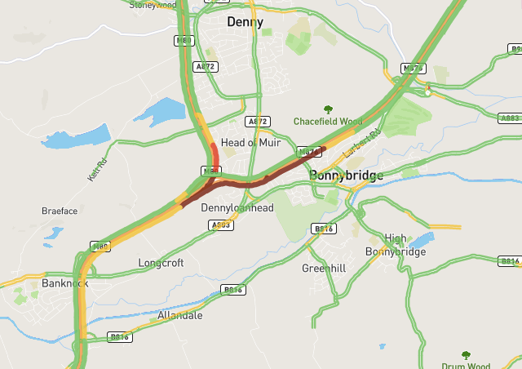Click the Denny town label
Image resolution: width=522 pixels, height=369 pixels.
coord(246,21)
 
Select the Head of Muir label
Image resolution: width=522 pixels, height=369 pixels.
coord(250,142)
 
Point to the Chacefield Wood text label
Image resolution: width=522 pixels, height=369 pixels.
coord(328,122)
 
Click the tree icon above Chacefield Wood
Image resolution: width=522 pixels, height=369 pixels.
coord(328,109)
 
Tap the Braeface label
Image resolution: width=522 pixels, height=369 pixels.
coord(60,211)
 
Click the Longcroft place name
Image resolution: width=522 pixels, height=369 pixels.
coord(161,263)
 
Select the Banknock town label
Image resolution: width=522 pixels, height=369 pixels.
coord(64,283)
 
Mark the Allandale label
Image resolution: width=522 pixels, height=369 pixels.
coord(179,314)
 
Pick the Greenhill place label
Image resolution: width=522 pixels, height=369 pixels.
coord(324,268)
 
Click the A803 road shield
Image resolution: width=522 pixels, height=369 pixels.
coord(221,225)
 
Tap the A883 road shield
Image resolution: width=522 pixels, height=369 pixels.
coord(510,118)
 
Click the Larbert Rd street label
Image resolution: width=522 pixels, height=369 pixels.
coord(362,143)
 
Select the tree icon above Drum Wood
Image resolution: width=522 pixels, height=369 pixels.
coord(466,355)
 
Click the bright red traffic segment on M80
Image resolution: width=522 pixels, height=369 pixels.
coord(215,154)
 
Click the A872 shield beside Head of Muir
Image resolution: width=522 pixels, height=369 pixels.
coord(258,122)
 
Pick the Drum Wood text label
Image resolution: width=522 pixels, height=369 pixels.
coord(465,367)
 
